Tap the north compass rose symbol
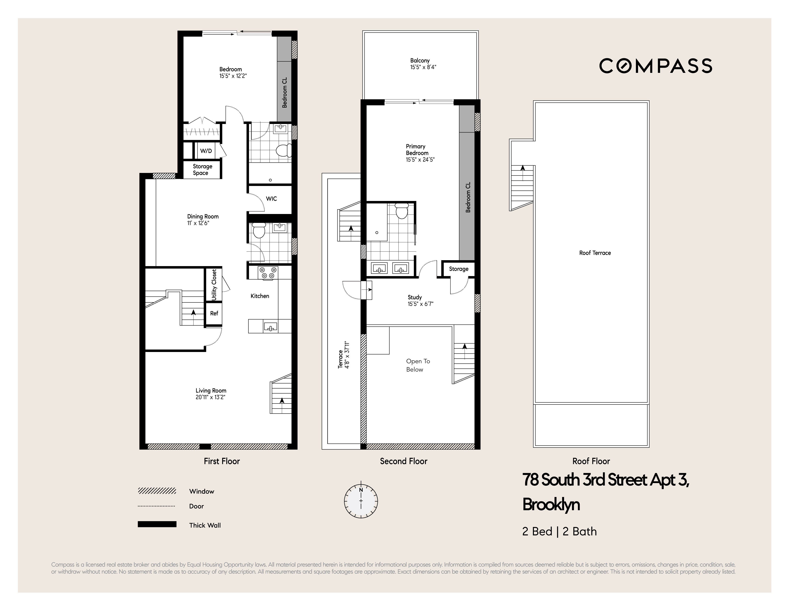(x=361, y=501)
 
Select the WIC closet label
(x=271, y=199)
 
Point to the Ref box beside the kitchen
(x=214, y=313)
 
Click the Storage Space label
(x=202, y=170)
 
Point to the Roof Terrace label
(x=595, y=253)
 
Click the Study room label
(x=415, y=297)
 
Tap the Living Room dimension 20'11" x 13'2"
(x=210, y=397)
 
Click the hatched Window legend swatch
(x=157, y=491)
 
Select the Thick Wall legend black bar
(x=157, y=524)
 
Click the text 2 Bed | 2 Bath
(x=559, y=532)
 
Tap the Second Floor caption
(x=403, y=462)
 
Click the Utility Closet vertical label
(x=214, y=284)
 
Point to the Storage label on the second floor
(x=459, y=269)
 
